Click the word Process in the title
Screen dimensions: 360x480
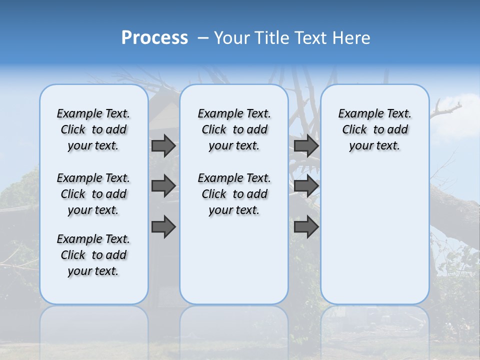[x=154, y=37]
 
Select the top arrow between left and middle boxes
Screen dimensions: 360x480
[x=163, y=145]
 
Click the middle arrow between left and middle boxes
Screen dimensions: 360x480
[x=163, y=186]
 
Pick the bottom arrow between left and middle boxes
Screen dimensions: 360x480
[x=163, y=226]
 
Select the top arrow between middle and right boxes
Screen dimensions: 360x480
[x=306, y=145]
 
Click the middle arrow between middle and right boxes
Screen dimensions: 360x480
[x=306, y=186]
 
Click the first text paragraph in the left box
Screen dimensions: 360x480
[x=93, y=129]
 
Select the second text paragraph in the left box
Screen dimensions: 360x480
[x=93, y=194]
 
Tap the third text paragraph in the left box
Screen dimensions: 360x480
[x=93, y=255]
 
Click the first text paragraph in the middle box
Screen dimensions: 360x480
[x=234, y=129]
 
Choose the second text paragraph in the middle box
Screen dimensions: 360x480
[x=234, y=194]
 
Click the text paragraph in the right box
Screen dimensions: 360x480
[x=374, y=129]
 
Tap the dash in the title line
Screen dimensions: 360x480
[x=203, y=38]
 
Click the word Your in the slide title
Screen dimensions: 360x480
[x=231, y=38]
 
